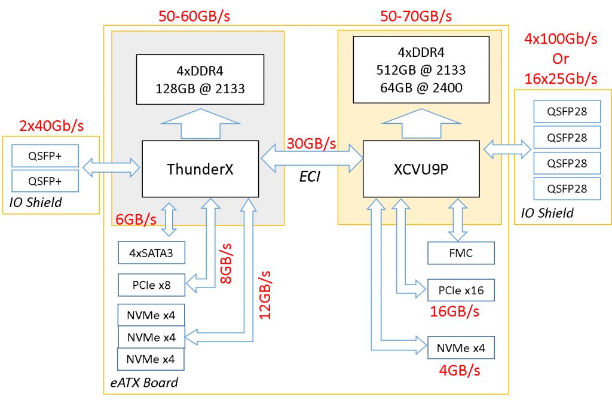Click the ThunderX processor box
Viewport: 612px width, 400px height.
(200, 169)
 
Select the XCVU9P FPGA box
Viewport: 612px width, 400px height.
(421, 169)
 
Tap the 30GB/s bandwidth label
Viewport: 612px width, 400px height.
(311, 144)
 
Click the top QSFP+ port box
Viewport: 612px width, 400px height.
(45, 156)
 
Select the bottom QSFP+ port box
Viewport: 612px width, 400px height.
(45, 181)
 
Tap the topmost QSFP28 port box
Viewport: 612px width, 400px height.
(567, 112)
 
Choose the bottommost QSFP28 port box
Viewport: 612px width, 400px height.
(567, 188)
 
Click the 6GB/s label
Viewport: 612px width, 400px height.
(136, 219)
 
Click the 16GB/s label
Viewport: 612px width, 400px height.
(455, 312)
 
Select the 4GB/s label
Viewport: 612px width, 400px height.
(459, 371)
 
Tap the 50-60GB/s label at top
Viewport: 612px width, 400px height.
(194, 16)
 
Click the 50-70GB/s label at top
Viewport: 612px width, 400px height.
(416, 16)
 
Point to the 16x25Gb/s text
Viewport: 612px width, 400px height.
(561, 78)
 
